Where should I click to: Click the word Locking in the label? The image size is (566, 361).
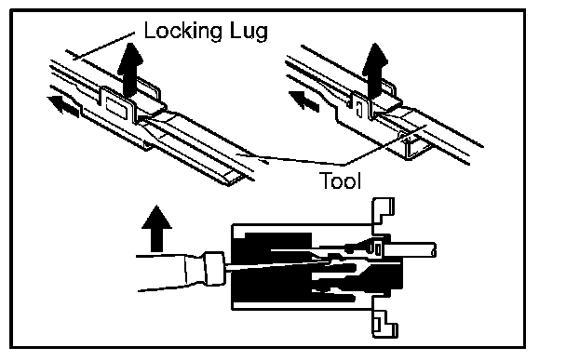pos(182,32)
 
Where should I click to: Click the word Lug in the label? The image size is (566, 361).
pos(248,32)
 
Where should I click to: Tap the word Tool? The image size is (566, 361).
pos(340,180)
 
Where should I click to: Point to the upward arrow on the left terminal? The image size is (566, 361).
pos(130,70)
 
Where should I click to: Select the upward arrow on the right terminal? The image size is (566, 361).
pos(375,70)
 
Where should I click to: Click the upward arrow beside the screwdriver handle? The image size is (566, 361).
pos(156,228)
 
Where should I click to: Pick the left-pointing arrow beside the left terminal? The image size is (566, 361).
pos(63,106)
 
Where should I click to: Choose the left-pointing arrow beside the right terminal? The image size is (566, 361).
pos(304,101)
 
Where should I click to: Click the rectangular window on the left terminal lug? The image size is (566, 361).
pos(115,108)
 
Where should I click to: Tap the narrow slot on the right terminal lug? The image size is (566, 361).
pos(358,109)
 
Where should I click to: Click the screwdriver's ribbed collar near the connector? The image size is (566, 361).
pos(214,269)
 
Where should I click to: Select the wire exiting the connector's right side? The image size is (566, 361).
pos(411,250)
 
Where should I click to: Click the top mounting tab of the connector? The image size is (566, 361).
pos(383,212)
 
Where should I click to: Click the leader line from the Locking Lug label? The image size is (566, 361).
pos(104,46)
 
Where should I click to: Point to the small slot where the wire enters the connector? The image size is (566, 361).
pos(378,249)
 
